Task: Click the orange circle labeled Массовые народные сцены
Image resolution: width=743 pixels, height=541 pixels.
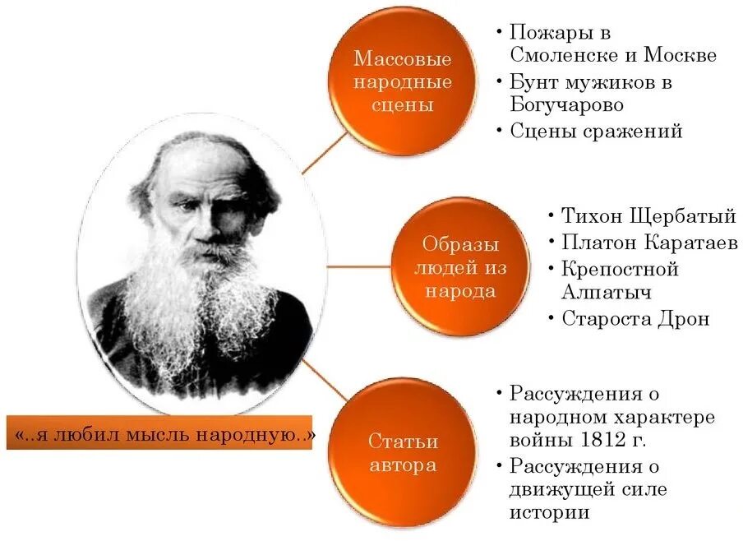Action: click(x=402, y=82)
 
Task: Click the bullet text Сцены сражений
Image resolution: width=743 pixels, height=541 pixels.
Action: click(x=596, y=131)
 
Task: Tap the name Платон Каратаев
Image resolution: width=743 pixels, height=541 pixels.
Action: click(x=648, y=242)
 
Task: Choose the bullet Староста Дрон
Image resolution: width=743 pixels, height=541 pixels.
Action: click(x=635, y=318)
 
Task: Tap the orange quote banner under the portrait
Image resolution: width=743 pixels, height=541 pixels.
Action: click(x=165, y=432)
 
